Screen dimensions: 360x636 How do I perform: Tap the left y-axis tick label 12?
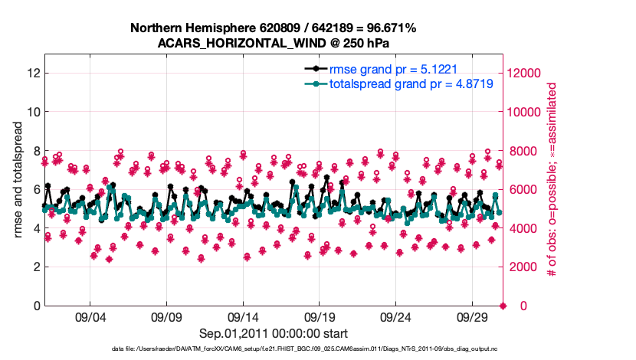[x=33, y=73]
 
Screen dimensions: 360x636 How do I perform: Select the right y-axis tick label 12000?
[x=526, y=73]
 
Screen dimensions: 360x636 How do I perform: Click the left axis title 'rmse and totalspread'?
[x=19, y=180]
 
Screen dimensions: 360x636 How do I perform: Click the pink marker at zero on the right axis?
[x=503, y=306]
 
